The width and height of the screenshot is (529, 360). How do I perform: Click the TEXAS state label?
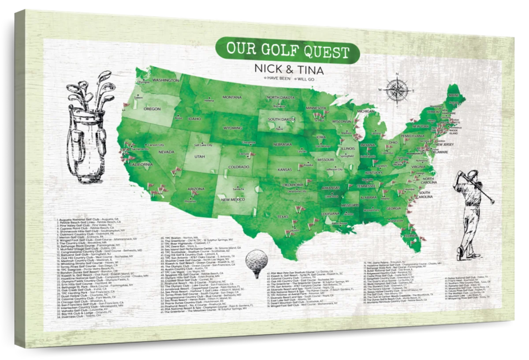coord(283,217)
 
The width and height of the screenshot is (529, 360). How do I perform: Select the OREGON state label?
coord(152,109)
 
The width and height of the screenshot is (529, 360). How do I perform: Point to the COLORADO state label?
coord(239,167)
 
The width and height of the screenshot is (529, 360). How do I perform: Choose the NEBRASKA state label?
coord(283,144)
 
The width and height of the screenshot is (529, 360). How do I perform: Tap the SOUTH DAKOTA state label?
coord(281,120)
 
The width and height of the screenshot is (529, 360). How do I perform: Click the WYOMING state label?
coord(233,128)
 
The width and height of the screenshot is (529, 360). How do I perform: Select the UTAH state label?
coord(199,157)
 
